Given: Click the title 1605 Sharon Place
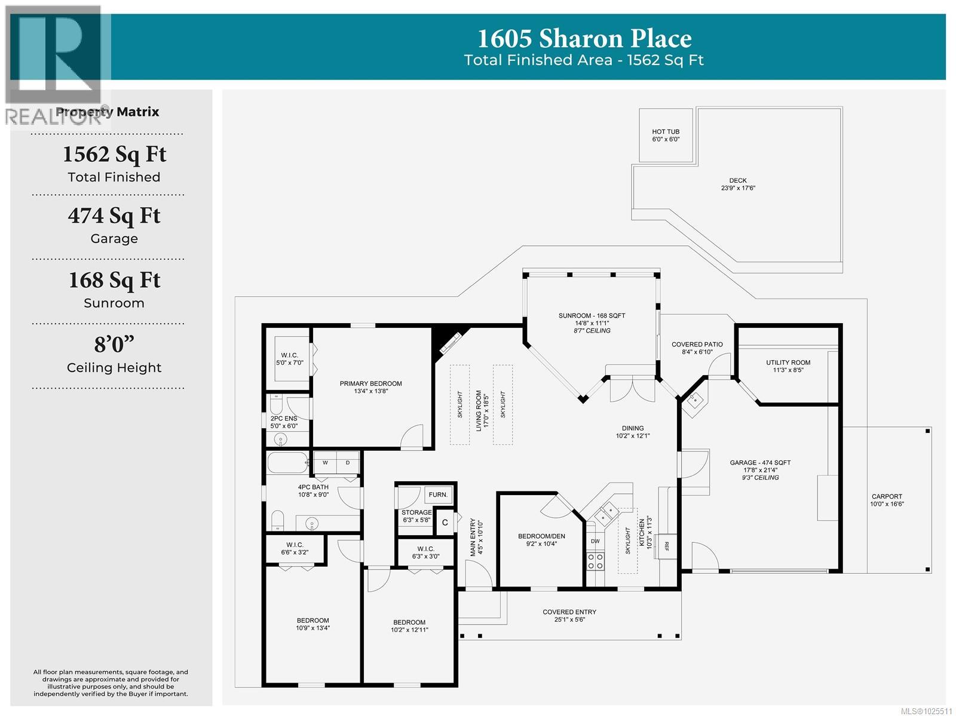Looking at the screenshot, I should (584, 39).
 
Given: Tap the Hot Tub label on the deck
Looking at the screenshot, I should (666, 135).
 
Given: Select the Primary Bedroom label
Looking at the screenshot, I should (370, 387).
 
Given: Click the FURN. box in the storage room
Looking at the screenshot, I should (438, 494).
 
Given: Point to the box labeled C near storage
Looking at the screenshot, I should (445, 523).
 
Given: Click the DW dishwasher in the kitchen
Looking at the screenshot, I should (595, 541).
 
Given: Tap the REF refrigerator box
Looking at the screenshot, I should (666, 545).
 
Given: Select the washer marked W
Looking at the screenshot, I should (326, 462).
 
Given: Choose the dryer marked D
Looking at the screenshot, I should (348, 462).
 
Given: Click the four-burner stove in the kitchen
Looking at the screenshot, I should (595, 561).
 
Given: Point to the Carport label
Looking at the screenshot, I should (887, 500).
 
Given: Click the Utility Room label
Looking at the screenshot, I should (788, 365).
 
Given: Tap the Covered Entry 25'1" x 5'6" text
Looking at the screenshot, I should (569, 615).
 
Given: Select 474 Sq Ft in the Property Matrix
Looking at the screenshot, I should (114, 216).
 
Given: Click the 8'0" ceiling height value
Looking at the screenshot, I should (114, 345).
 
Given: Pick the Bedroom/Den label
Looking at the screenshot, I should (541, 539).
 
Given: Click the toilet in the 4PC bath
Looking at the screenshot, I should (278, 521).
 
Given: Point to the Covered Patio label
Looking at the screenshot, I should (697, 348).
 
